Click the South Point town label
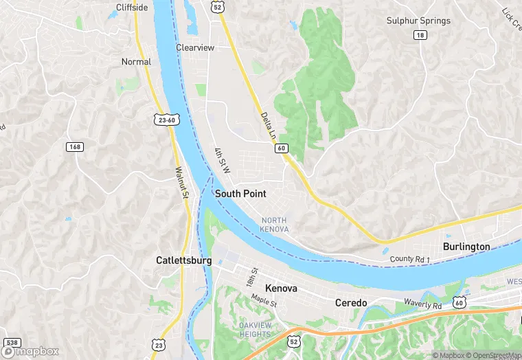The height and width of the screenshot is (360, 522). point(240,194)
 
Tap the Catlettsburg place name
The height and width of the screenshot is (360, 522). point(183,260)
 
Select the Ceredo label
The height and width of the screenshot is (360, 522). point(351,302)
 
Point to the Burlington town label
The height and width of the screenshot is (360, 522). point(466,246)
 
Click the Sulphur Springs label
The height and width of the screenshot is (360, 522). point(418,21)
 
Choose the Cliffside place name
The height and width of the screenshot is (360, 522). point(132,8)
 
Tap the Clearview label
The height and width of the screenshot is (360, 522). point(195,47)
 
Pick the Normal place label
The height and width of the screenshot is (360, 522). point(136,62)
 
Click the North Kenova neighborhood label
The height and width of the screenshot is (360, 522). point(275,224)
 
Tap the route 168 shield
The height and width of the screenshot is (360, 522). point(75,146)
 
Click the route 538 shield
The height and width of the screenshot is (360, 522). point(12,342)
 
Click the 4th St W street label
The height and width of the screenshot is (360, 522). point(220,160)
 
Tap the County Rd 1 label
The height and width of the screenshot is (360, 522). point(409,259)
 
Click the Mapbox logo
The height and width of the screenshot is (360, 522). point(31,351)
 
